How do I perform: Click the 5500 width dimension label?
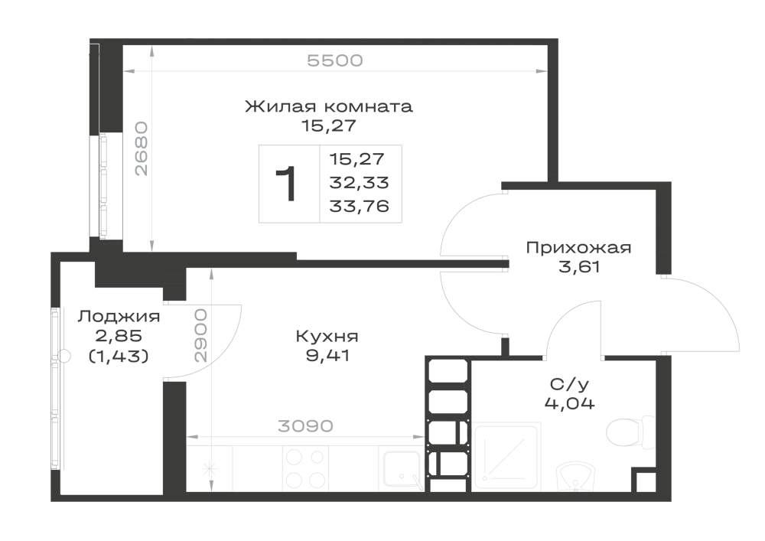335,60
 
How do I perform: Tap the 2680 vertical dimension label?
141,148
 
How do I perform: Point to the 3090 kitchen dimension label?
305,426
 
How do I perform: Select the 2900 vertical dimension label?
200,335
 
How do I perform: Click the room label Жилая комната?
328,106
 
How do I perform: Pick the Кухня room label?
327,336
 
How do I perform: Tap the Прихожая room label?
578,248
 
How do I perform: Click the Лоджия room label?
119,317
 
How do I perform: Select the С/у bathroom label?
569,384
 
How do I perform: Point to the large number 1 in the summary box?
286,184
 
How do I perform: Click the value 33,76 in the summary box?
359,207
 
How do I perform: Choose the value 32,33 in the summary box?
359,182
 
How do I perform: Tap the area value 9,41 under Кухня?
327,356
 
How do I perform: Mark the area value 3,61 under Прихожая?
578,267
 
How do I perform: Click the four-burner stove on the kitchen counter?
305,468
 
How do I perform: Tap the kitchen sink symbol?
401,469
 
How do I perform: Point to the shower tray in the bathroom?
506,457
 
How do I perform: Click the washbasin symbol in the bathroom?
576,476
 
